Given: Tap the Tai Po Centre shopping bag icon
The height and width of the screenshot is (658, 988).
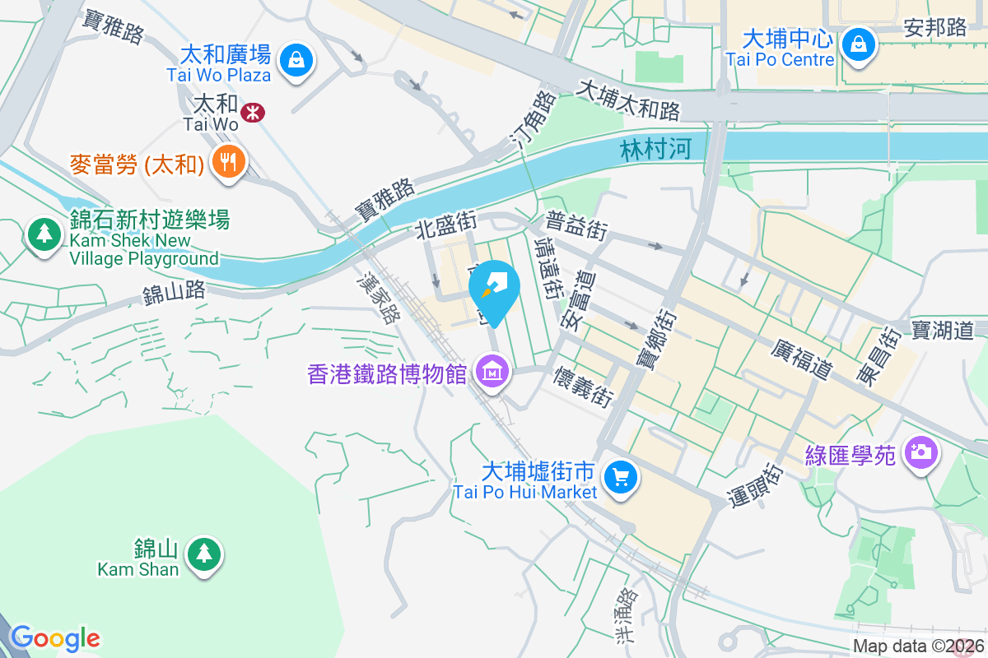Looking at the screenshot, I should pos(859,44).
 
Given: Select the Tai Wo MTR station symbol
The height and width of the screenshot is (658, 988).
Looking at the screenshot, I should pos(253,113).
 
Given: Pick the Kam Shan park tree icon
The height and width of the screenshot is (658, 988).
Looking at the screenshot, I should pos(203,554).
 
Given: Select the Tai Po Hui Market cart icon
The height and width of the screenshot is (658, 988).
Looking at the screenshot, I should pos(620,478).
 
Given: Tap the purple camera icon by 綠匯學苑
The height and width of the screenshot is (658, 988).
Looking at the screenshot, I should pos(920,452).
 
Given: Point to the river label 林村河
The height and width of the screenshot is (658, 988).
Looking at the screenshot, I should pos(656,149).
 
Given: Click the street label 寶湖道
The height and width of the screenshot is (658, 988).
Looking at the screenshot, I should pos(943,330).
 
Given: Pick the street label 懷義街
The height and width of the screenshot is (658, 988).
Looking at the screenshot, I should pos(584,384).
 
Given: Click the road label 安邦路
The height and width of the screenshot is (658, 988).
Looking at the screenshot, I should pos(934,27).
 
